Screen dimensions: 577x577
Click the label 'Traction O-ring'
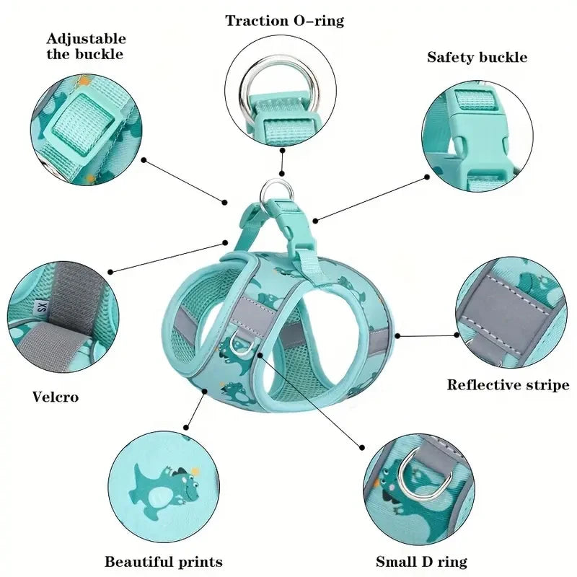point(284,20)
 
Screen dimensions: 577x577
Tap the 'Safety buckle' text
point(477,57)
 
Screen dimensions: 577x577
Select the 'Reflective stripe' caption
point(508,385)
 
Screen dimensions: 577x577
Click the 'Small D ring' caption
point(421,561)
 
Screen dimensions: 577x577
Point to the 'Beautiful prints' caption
point(164,561)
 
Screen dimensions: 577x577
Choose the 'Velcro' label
point(56,397)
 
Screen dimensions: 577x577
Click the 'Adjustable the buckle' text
point(86,46)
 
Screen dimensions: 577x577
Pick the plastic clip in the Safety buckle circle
point(482,144)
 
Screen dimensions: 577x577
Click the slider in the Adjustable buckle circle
point(81,125)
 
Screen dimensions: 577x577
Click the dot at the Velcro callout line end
point(110,272)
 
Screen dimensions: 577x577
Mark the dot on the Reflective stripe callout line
point(457,335)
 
